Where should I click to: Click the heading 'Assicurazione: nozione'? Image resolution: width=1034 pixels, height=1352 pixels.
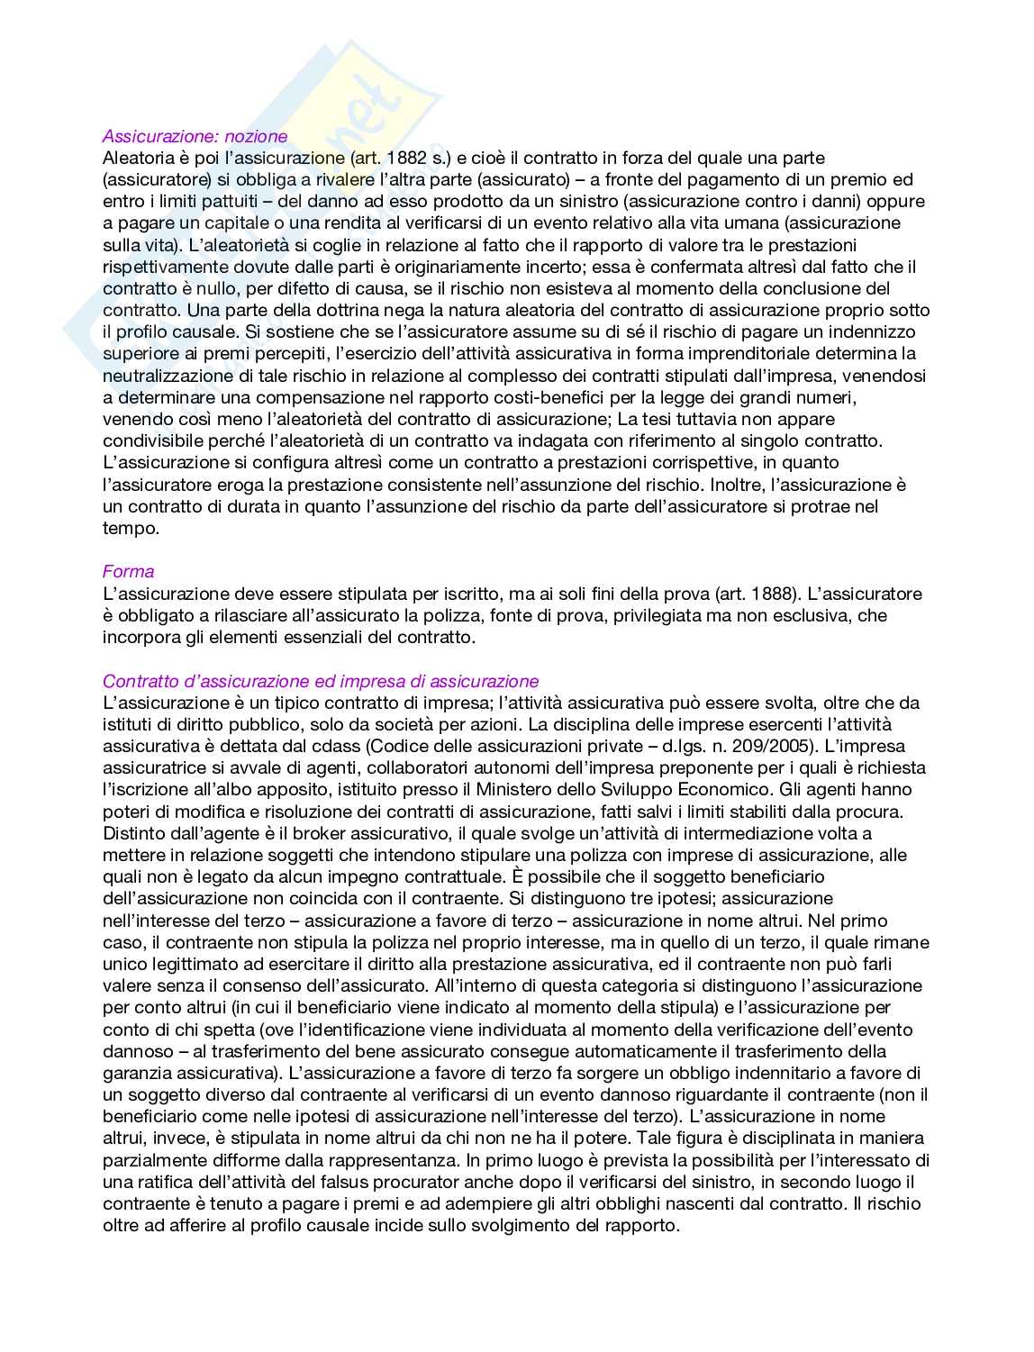tap(195, 136)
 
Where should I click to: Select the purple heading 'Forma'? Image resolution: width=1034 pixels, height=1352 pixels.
tap(128, 571)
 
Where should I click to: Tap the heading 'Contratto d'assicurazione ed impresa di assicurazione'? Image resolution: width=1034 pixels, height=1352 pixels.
tap(321, 681)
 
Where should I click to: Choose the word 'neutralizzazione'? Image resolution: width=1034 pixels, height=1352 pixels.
tap(163, 376)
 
